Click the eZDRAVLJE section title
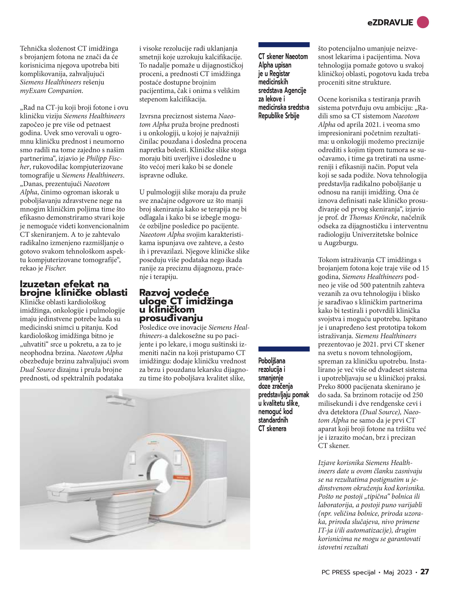pos(390,23)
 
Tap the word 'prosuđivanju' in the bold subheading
pos(171,318)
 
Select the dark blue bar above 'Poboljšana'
pos(284,349)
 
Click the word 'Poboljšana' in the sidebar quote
pos(272,361)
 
